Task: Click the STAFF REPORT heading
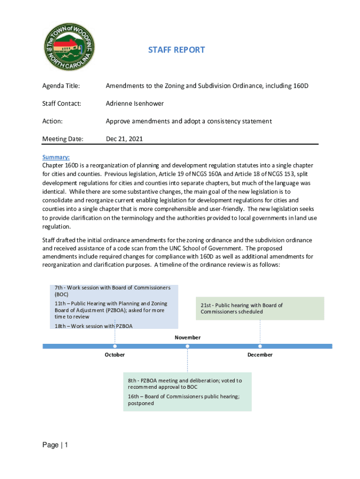(177, 50)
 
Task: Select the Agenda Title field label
(61, 86)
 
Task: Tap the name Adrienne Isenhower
(135, 103)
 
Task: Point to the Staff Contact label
(62, 103)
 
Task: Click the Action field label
(52, 121)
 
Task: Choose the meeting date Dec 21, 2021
(124, 139)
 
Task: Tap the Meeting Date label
(63, 139)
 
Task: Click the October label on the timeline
(115, 355)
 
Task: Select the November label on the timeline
(187, 337)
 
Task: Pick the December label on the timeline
(260, 355)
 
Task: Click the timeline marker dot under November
(187, 346)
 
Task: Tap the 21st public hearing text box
(259, 308)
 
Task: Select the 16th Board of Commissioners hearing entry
(184, 400)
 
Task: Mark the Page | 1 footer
(55, 445)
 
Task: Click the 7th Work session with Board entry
(112, 291)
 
